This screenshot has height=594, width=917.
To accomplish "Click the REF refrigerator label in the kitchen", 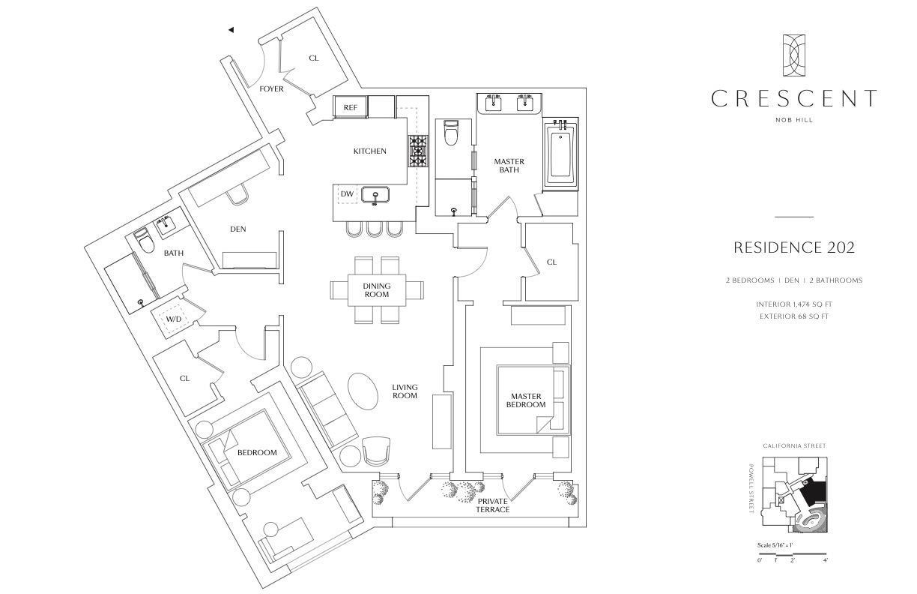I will pyautogui.click(x=350, y=107).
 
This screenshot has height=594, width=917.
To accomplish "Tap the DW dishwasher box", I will pyautogui.click(x=347, y=194).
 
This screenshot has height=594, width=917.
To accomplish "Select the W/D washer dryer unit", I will pyautogui.click(x=174, y=319).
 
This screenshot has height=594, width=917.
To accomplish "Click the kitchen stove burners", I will pyautogui.click(x=417, y=151).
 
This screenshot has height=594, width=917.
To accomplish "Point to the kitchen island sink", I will pyautogui.click(x=374, y=196).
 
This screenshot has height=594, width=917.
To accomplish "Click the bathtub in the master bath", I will pyautogui.click(x=560, y=153).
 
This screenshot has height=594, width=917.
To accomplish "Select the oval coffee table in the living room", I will pyautogui.click(x=364, y=391).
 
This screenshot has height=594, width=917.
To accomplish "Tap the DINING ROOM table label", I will pyautogui.click(x=377, y=290).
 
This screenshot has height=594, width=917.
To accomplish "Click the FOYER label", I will pyautogui.click(x=271, y=88).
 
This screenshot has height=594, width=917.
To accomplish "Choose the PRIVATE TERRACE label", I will pyautogui.click(x=493, y=505).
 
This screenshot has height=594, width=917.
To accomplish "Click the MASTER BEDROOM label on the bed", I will pyautogui.click(x=527, y=400).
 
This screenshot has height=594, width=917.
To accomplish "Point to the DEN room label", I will pyautogui.click(x=238, y=229).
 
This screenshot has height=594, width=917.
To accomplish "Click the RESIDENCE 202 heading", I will pyautogui.click(x=793, y=247).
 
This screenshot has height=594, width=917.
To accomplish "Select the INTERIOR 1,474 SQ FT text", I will pyautogui.click(x=793, y=304).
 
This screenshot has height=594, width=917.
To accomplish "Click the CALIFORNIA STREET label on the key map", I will pyautogui.click(x=794, y=445).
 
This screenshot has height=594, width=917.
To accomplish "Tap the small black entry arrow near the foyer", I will pyautogui.click(x=231, y=30).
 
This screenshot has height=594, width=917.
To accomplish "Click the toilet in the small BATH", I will pyautogui.click(x=145, y=241).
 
